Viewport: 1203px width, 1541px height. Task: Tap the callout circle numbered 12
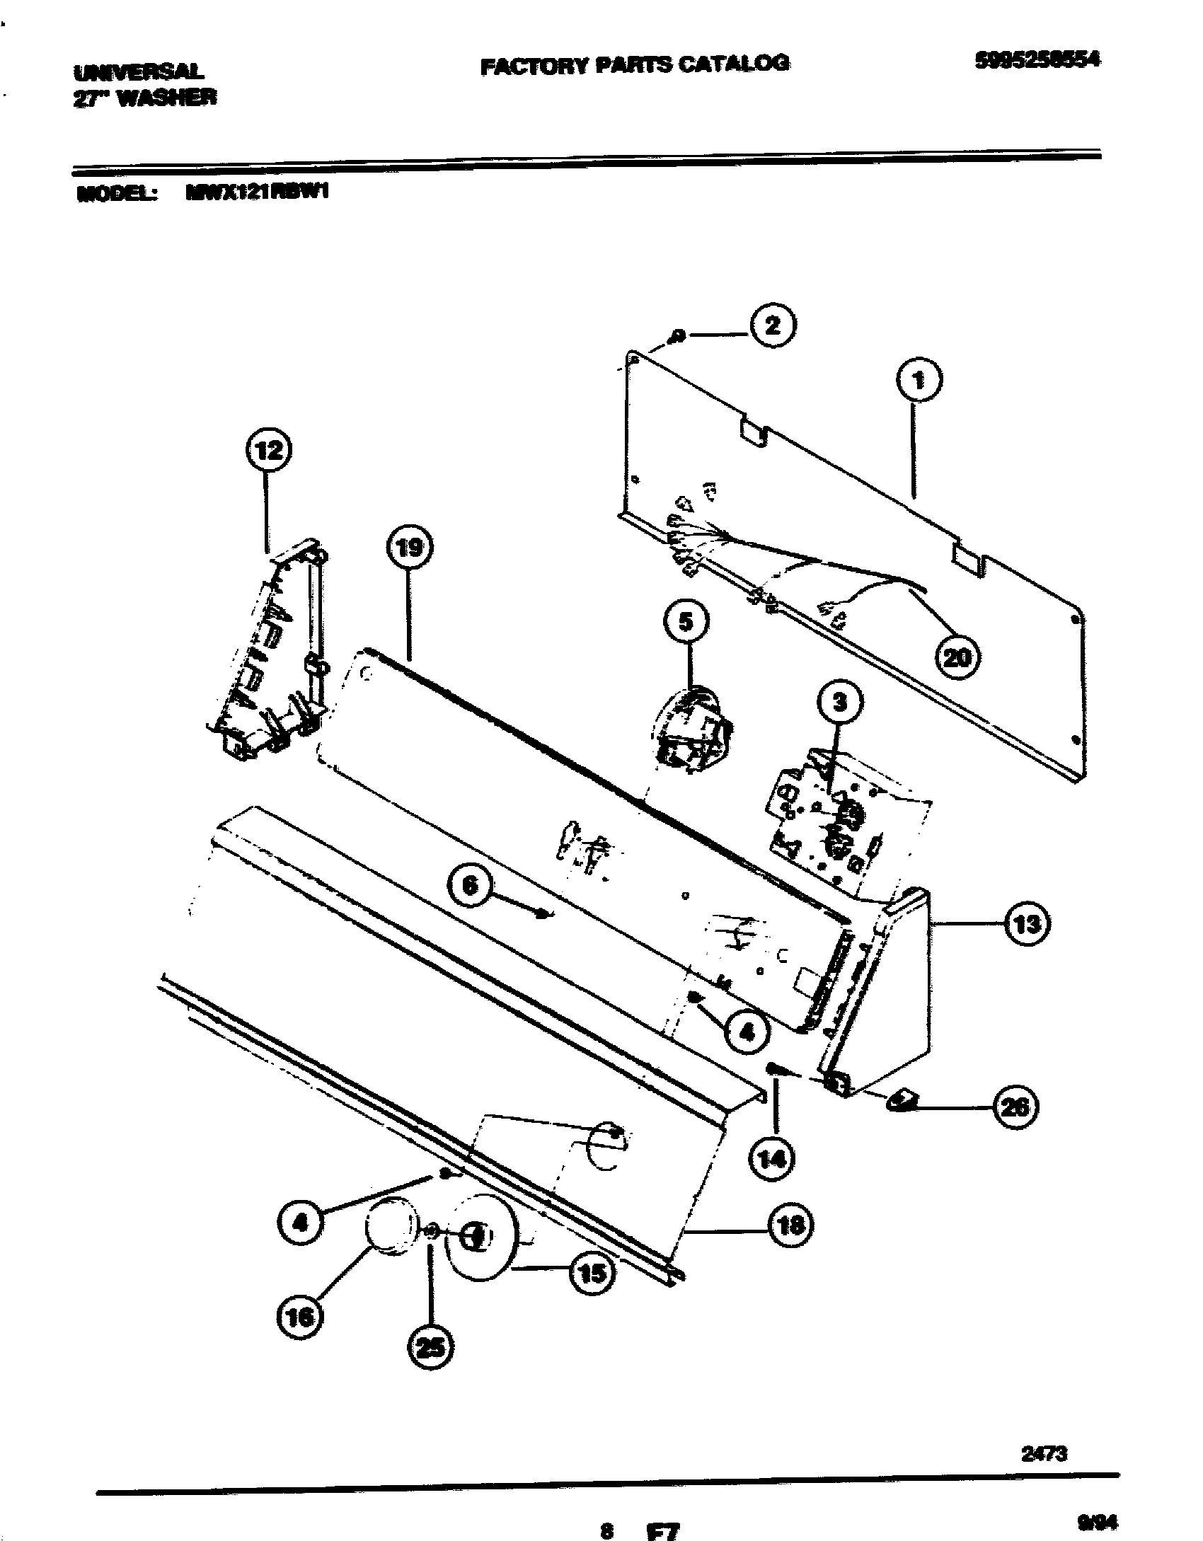pyautogui.click(x=267, y=450)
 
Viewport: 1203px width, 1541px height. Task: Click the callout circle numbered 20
pyautogui.click(x=957, y=657)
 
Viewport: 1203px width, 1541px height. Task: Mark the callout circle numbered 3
pyautogui.click(x=840, y=703)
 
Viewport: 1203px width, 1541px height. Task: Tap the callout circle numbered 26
pyautogui.click(x=1015, y=1107)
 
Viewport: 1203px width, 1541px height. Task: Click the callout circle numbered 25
pyautogui.click(x=430, y=1348)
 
